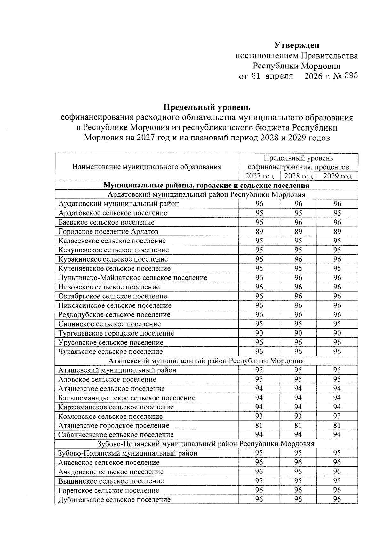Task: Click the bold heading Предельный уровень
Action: [207, 107]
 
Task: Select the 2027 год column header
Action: [259, 176]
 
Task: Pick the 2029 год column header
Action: [337, 176]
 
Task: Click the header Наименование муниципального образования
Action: [147, 167]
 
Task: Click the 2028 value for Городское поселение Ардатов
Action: [298, 231]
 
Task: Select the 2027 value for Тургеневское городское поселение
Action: [259, 333]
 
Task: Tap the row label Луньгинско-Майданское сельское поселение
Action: [132, 278]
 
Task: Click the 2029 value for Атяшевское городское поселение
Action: [337, 425]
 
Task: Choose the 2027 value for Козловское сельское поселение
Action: [259, 416]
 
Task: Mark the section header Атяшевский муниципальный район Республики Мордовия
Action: [206, 361]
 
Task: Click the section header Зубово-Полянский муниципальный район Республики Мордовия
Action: [206, 444]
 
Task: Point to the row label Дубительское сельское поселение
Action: [114, 500]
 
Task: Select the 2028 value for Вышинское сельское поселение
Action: [298, 481]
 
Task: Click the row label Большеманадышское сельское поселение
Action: [127, 398]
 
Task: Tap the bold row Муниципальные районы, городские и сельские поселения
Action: [206, 186]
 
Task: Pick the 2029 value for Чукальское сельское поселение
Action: [337, 352]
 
